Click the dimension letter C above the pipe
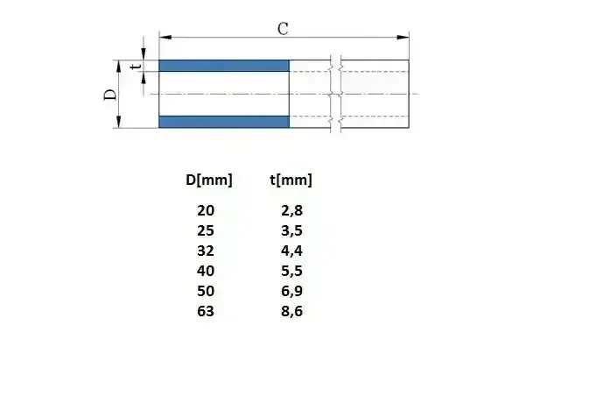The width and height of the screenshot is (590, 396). pyautogui.click(x=283, y=28)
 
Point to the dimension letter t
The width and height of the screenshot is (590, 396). pyautogui.click(x=135, y=66)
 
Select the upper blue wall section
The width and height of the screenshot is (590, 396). pyautogui.click(x=224, y=66)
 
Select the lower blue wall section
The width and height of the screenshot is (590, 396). pyautogui.click(x=224, y=121)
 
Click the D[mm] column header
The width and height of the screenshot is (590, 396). pyautogui.click(x=209, y=180)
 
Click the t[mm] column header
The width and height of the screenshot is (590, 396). pyautogui.click(x=291, y=180)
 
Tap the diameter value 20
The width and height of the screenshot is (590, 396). pyautogui.click(x=206, y=210)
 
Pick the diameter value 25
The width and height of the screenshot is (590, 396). pyautogui.click(x=206, y=230)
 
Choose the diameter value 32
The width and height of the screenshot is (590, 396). pyautogui.click(x=206, y=251)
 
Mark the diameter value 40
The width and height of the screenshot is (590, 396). pyautogui.click(x=206, y=271)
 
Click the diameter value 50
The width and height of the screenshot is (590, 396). pyautogui.click(x=206, y=291)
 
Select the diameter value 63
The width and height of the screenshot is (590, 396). pyautogui.click(x=206, y=311)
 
